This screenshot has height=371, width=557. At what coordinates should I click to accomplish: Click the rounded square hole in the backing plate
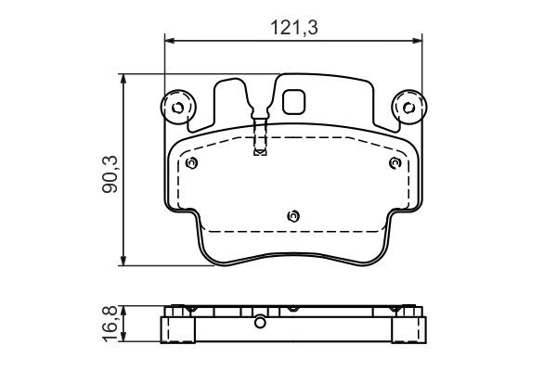click(295, 101)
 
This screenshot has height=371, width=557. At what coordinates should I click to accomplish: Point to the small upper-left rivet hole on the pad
click(191, 164)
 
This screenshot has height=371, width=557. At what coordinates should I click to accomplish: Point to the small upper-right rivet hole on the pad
click(395, 164)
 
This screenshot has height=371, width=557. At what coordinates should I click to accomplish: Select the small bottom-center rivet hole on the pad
click(293, 216)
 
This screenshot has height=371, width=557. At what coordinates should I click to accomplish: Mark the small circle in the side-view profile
click(261, 324)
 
